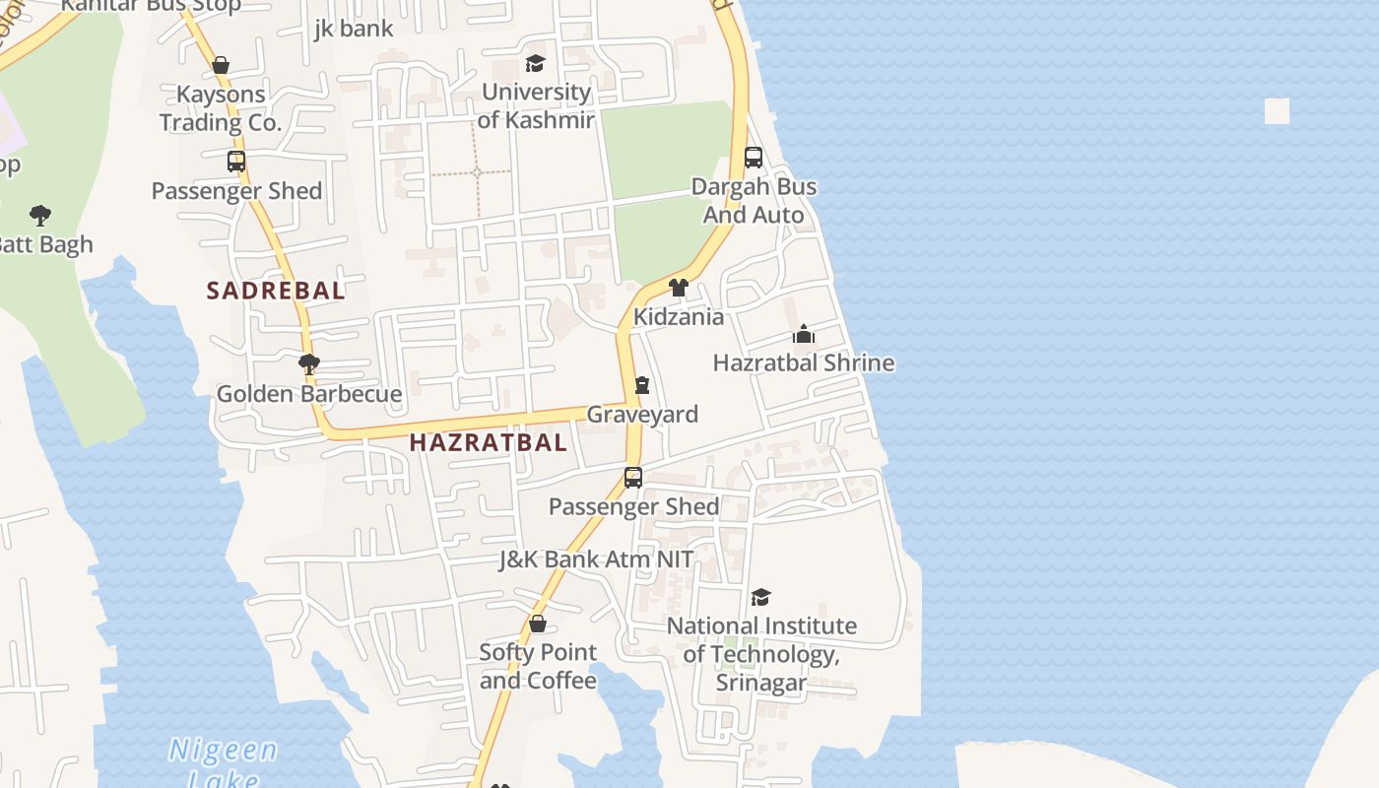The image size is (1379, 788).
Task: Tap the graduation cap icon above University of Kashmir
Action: tap(535, 64)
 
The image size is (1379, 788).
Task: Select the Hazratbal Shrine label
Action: tap(804, 362)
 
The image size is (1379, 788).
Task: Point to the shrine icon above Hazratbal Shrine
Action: tap(804, 335)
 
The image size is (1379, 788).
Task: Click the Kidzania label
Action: tap(679, 317)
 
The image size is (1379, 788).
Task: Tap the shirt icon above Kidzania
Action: tap(678, 288)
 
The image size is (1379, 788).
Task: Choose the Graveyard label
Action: tap(642, 415)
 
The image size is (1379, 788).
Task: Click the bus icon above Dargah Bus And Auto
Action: tap(754, 157)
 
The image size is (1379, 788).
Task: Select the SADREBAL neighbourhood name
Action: tap(276, 291)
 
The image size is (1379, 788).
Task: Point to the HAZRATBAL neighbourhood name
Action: tap(489, 442)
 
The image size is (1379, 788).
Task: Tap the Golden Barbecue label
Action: tap(309, 394)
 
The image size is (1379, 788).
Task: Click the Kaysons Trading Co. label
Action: tap(221, 108)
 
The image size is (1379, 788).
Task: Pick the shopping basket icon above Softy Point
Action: tap(538, 624)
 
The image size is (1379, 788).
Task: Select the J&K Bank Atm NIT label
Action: tap(596, 559)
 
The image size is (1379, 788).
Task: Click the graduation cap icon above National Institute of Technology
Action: tap(760, 597)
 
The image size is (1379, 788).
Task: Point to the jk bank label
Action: tap(354, 29)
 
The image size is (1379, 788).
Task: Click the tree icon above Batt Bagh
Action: tap(40, 215)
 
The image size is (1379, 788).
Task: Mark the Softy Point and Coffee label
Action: tap(538, 666)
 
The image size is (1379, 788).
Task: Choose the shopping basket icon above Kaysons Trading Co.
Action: tap(221, 65)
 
